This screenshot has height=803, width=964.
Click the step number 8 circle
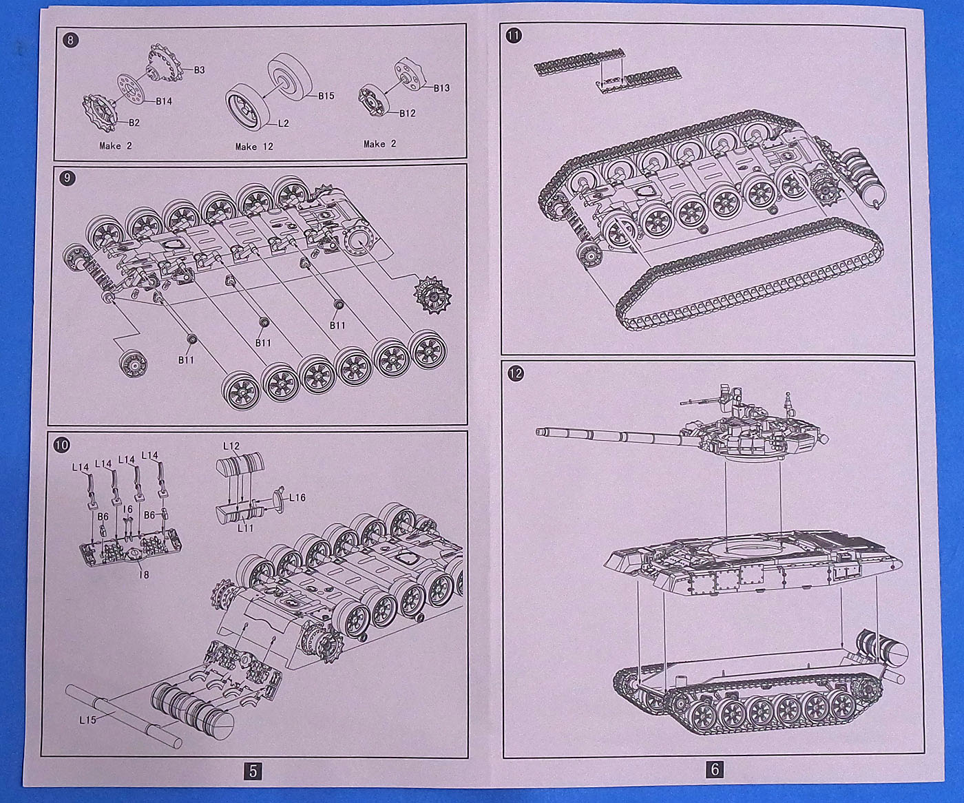70,40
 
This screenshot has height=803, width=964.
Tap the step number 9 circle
66,178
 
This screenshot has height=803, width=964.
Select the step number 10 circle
61,445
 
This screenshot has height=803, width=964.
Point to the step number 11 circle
514,36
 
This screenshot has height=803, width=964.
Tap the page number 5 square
253,771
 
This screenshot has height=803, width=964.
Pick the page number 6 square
715,769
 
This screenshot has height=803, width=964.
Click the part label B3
200,70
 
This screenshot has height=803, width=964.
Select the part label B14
163,101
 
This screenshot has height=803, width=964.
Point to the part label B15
326,96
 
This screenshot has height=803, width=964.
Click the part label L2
283,123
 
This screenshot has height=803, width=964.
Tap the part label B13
441,87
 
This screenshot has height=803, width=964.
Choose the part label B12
407,113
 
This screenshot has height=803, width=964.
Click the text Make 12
254,146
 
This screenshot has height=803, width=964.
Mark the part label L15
87,720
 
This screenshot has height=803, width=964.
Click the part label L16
297,497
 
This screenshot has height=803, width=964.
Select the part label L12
231,446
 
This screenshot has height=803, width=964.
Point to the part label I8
143,574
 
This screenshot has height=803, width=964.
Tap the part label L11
246,528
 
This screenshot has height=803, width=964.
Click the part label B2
134,123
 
